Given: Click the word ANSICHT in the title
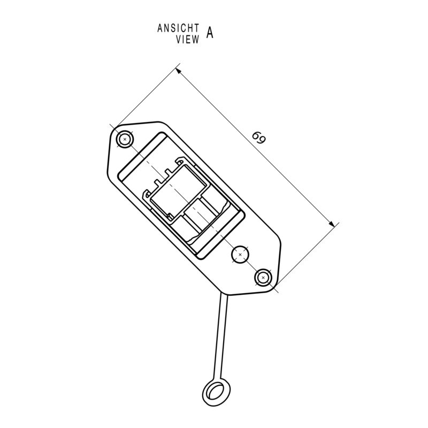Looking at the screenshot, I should (x=178, y=28).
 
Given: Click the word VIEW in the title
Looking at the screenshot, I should (x=187, y=39).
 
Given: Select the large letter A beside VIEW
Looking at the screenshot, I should (x=210, y=33).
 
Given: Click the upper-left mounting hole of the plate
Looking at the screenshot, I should (x=125, y=140).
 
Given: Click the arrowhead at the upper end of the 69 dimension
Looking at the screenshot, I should (x=179, y=71).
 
